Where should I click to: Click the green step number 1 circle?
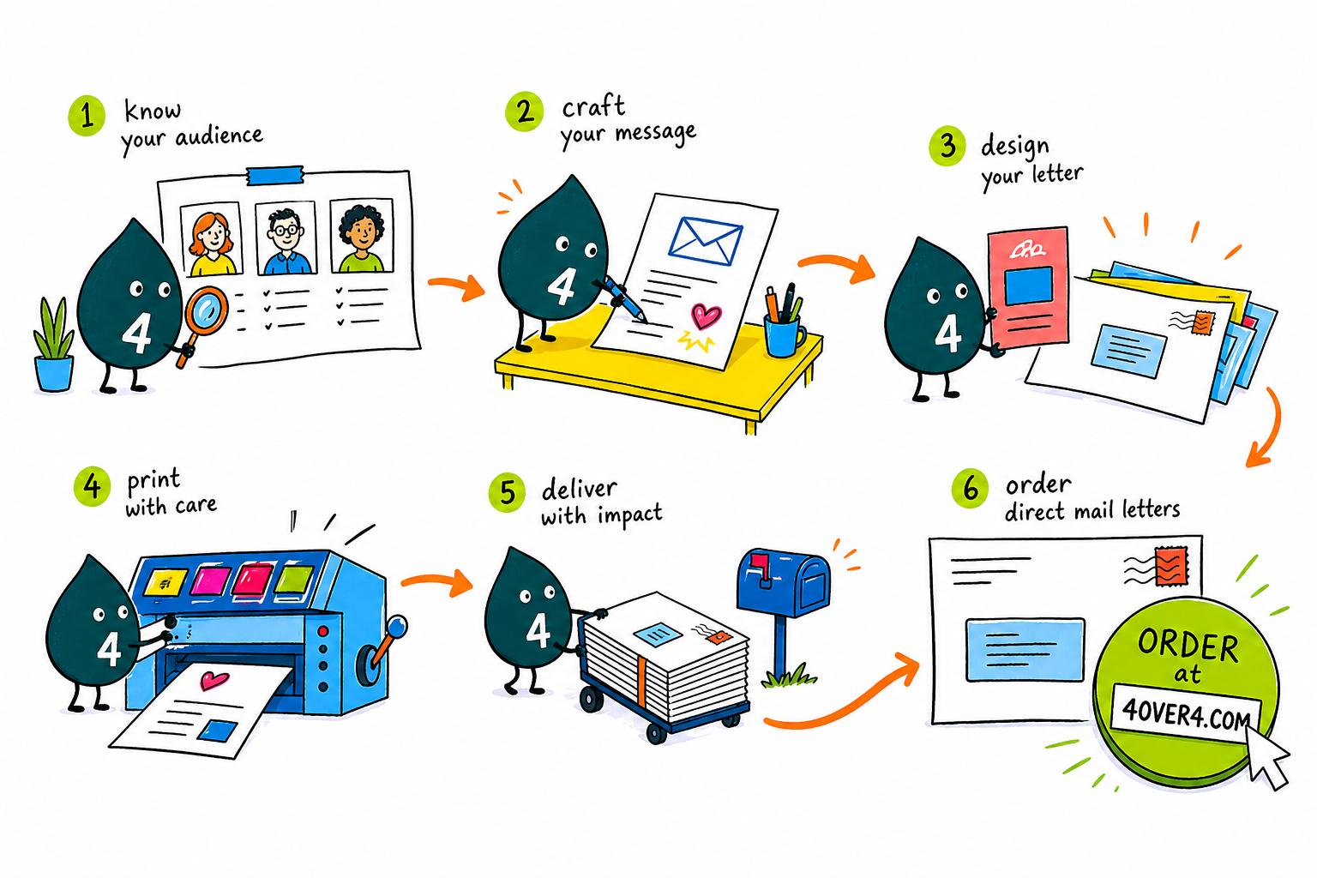87,116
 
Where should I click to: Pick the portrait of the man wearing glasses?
286,238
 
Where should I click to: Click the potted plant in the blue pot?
53,346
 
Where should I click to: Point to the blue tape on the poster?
274,175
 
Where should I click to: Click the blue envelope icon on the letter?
705,241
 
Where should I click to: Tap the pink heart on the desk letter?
705,316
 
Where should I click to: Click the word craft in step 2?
593,107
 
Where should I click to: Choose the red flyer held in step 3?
1029,287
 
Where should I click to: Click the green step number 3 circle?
947,146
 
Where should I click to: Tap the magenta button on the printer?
208,580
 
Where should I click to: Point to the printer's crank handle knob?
398,626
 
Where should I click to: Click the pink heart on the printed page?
214,681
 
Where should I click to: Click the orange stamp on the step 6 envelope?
1171,566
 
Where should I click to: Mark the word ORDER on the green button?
1188,646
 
